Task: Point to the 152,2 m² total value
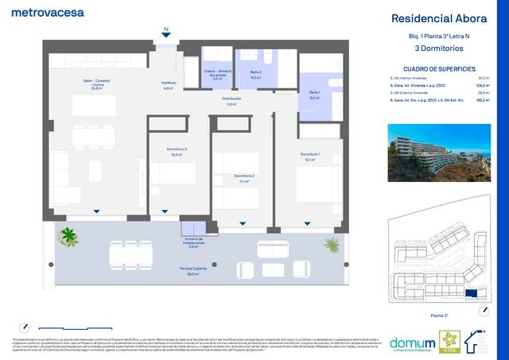click(481, 100)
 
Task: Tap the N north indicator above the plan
click(165, 30)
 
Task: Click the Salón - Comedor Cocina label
click(95, 84)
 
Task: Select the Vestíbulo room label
click(169, 84)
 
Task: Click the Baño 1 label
click(314, 95)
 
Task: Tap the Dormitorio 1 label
click(310, 156)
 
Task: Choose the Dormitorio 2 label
click(243, 178)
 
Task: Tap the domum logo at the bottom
click(412, 344)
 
